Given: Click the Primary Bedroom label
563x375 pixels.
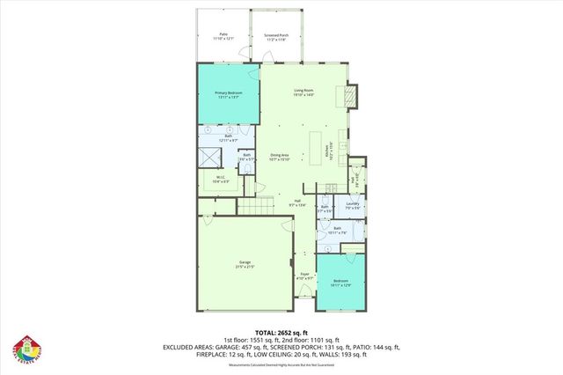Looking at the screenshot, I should tap(227, 94).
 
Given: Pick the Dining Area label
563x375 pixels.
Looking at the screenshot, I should tap(281, 157).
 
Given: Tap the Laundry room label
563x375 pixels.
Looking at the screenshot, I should tap(352, 205).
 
